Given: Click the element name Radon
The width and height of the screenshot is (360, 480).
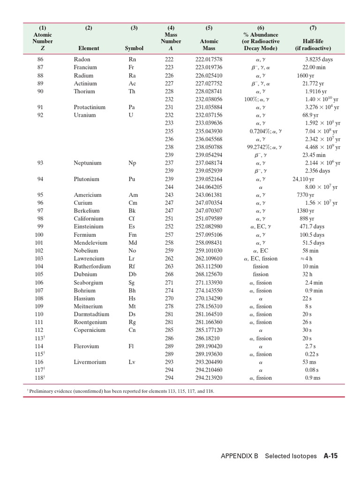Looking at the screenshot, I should click(82, 60).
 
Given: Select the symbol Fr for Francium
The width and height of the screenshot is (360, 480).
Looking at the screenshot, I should click(133, 67).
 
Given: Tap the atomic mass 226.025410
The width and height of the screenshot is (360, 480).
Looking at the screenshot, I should click(209, 75).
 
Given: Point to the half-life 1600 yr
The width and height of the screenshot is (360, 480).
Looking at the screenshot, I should click(305, 75).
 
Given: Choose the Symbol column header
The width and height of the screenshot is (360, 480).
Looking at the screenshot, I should click(134, 48).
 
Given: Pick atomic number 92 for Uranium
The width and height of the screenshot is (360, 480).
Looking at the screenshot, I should click(40, 115).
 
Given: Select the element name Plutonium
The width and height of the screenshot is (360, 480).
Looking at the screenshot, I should click(86, 179).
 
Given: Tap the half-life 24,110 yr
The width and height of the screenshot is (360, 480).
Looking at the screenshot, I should click(303, 179).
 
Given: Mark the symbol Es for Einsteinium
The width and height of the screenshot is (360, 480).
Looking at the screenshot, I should click(132, 227).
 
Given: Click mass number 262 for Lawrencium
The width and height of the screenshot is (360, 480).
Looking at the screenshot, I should click(169, 259).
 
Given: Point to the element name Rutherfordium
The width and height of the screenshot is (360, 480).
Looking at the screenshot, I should click(92, 267).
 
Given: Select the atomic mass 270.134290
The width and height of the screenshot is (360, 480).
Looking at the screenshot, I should click(209, 299).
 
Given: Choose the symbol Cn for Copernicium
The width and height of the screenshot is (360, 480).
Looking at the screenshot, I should click(133, 330).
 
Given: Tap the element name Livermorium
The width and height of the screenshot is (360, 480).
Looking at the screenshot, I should click(90, 362).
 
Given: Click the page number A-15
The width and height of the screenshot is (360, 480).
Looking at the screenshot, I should click(330, 456).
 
